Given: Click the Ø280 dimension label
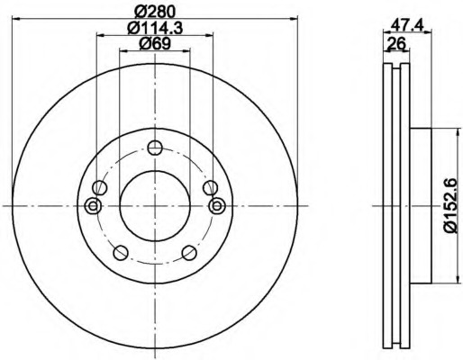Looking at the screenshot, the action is point(155,12).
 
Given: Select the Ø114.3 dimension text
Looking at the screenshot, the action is point(155,29).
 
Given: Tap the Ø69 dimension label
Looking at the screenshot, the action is point(155,44).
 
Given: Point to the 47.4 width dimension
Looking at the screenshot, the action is point(408,25).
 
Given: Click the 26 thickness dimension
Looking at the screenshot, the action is point(396,44).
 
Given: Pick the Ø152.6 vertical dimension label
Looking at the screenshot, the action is point(450,206).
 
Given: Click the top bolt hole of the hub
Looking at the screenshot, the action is point(155,148).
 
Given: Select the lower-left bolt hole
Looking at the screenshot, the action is point(121,253).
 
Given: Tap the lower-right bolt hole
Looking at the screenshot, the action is point(189,253).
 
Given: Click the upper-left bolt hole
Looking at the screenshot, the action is point(100,188).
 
